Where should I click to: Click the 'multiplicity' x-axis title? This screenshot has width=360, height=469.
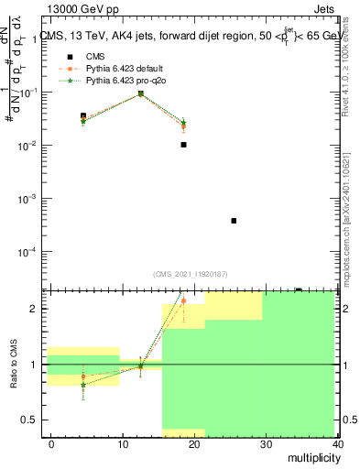pos(310,458)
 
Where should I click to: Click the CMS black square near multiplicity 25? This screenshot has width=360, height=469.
pos(235,221)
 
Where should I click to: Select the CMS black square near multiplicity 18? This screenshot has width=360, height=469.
pos(184,145)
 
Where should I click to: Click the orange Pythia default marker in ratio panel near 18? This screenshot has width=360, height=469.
pos(184,300)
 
